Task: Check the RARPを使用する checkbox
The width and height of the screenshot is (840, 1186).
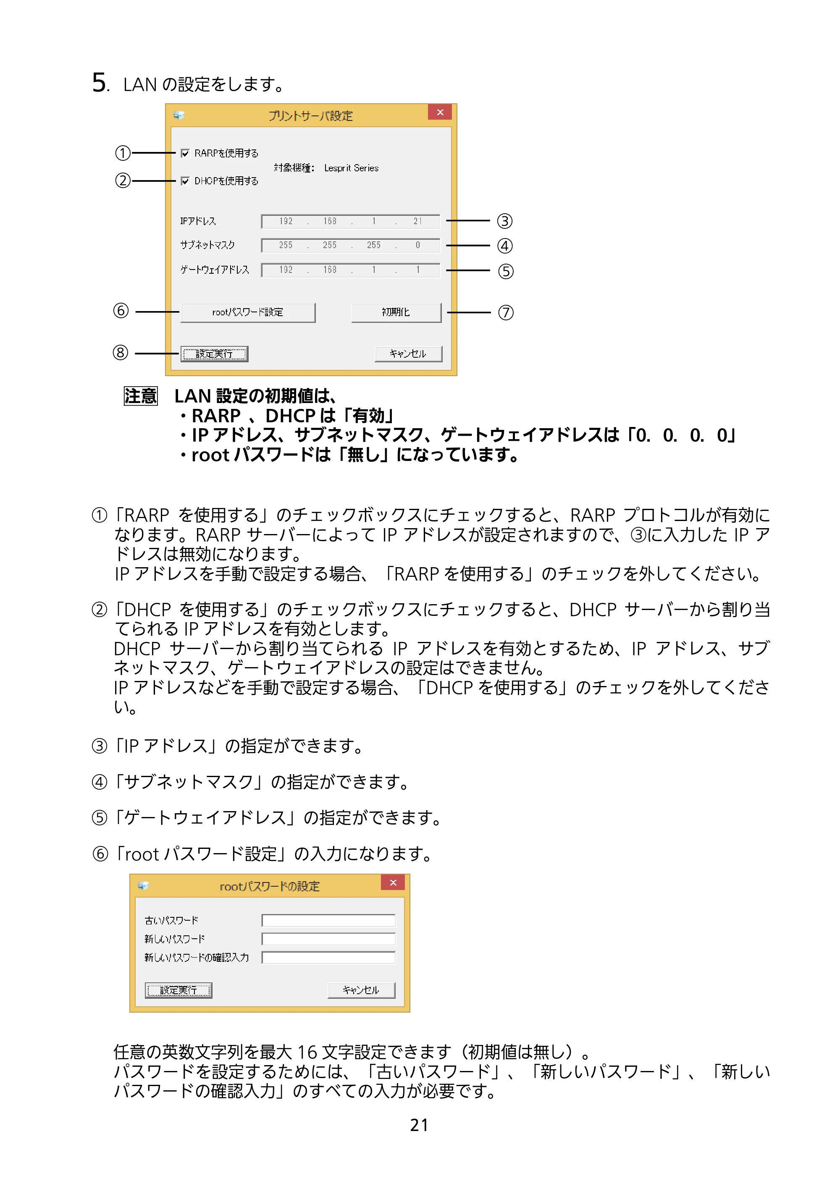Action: [185, 153]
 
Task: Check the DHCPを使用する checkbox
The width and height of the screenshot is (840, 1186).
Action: [185, 181]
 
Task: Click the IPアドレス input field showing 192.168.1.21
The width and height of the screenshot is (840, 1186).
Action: [351, 221]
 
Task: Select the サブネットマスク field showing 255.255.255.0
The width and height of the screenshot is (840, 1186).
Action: [351, 245]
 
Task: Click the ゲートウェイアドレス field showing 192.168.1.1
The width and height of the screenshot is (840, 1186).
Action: [351, 270]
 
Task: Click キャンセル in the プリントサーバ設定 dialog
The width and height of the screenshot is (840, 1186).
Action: [408, 353]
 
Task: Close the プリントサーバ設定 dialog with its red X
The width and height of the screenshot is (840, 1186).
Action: [440, 112]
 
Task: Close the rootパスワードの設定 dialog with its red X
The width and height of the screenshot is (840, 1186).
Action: [393, 882]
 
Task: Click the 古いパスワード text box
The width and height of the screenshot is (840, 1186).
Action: [328, 920]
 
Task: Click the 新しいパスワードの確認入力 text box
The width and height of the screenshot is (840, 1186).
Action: [328, 958]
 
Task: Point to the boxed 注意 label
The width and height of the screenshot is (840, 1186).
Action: [141, 396]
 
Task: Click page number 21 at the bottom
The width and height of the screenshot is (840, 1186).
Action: [419, 1125]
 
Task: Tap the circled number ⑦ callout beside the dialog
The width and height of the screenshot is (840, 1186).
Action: [506, 313]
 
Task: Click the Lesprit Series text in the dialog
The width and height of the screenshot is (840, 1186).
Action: [351, 168]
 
